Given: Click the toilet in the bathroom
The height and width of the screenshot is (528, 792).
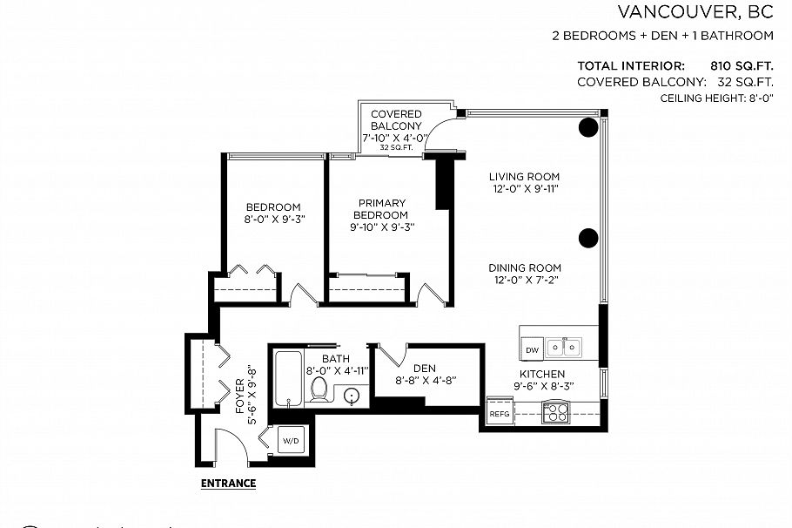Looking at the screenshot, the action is click(x=319, y=389).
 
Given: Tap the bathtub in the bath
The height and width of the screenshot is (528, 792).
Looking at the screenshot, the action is click(x=288, y=379).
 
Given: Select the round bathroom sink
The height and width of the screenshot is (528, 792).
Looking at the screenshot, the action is click(x=352, y=396).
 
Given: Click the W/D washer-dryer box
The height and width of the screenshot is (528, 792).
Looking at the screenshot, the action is click(x=291, y=441).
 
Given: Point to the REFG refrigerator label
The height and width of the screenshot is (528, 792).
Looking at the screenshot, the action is click(x=500, y=414).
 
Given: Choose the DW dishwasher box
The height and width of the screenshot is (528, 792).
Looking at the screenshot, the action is click(x=533, y=349).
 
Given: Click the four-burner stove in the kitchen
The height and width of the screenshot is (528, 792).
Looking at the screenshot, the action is click(x=555, y=411).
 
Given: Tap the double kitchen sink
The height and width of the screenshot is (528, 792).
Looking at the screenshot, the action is click(x=564, y=347).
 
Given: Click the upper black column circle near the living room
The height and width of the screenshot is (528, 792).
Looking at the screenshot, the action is click(x=588, y=127).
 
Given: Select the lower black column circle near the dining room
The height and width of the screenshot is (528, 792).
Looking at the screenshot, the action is click(x=588, y=238).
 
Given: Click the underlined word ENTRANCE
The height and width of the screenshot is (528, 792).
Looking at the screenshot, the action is click(x=228, y=484).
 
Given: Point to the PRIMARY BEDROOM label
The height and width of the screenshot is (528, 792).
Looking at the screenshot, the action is click(x=382, y=209).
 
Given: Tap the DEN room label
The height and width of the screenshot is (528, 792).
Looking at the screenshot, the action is click(x=425, y=369).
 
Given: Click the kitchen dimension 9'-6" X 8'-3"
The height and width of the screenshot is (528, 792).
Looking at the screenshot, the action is click(x=544, y=386).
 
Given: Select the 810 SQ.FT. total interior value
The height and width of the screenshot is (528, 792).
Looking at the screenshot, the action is click(x=742, y=65).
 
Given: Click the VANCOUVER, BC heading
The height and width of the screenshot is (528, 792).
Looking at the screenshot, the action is click(x=695, y=11).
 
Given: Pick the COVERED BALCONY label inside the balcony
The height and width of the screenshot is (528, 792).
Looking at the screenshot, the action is click(x=396, y=120).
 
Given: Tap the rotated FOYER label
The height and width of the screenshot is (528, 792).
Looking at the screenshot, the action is click(x=240, y=396).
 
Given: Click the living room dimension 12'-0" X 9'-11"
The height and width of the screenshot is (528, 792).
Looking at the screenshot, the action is click(x=526, y=189).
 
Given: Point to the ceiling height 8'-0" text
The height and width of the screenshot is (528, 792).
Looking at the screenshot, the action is click(x=717, y=98).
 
